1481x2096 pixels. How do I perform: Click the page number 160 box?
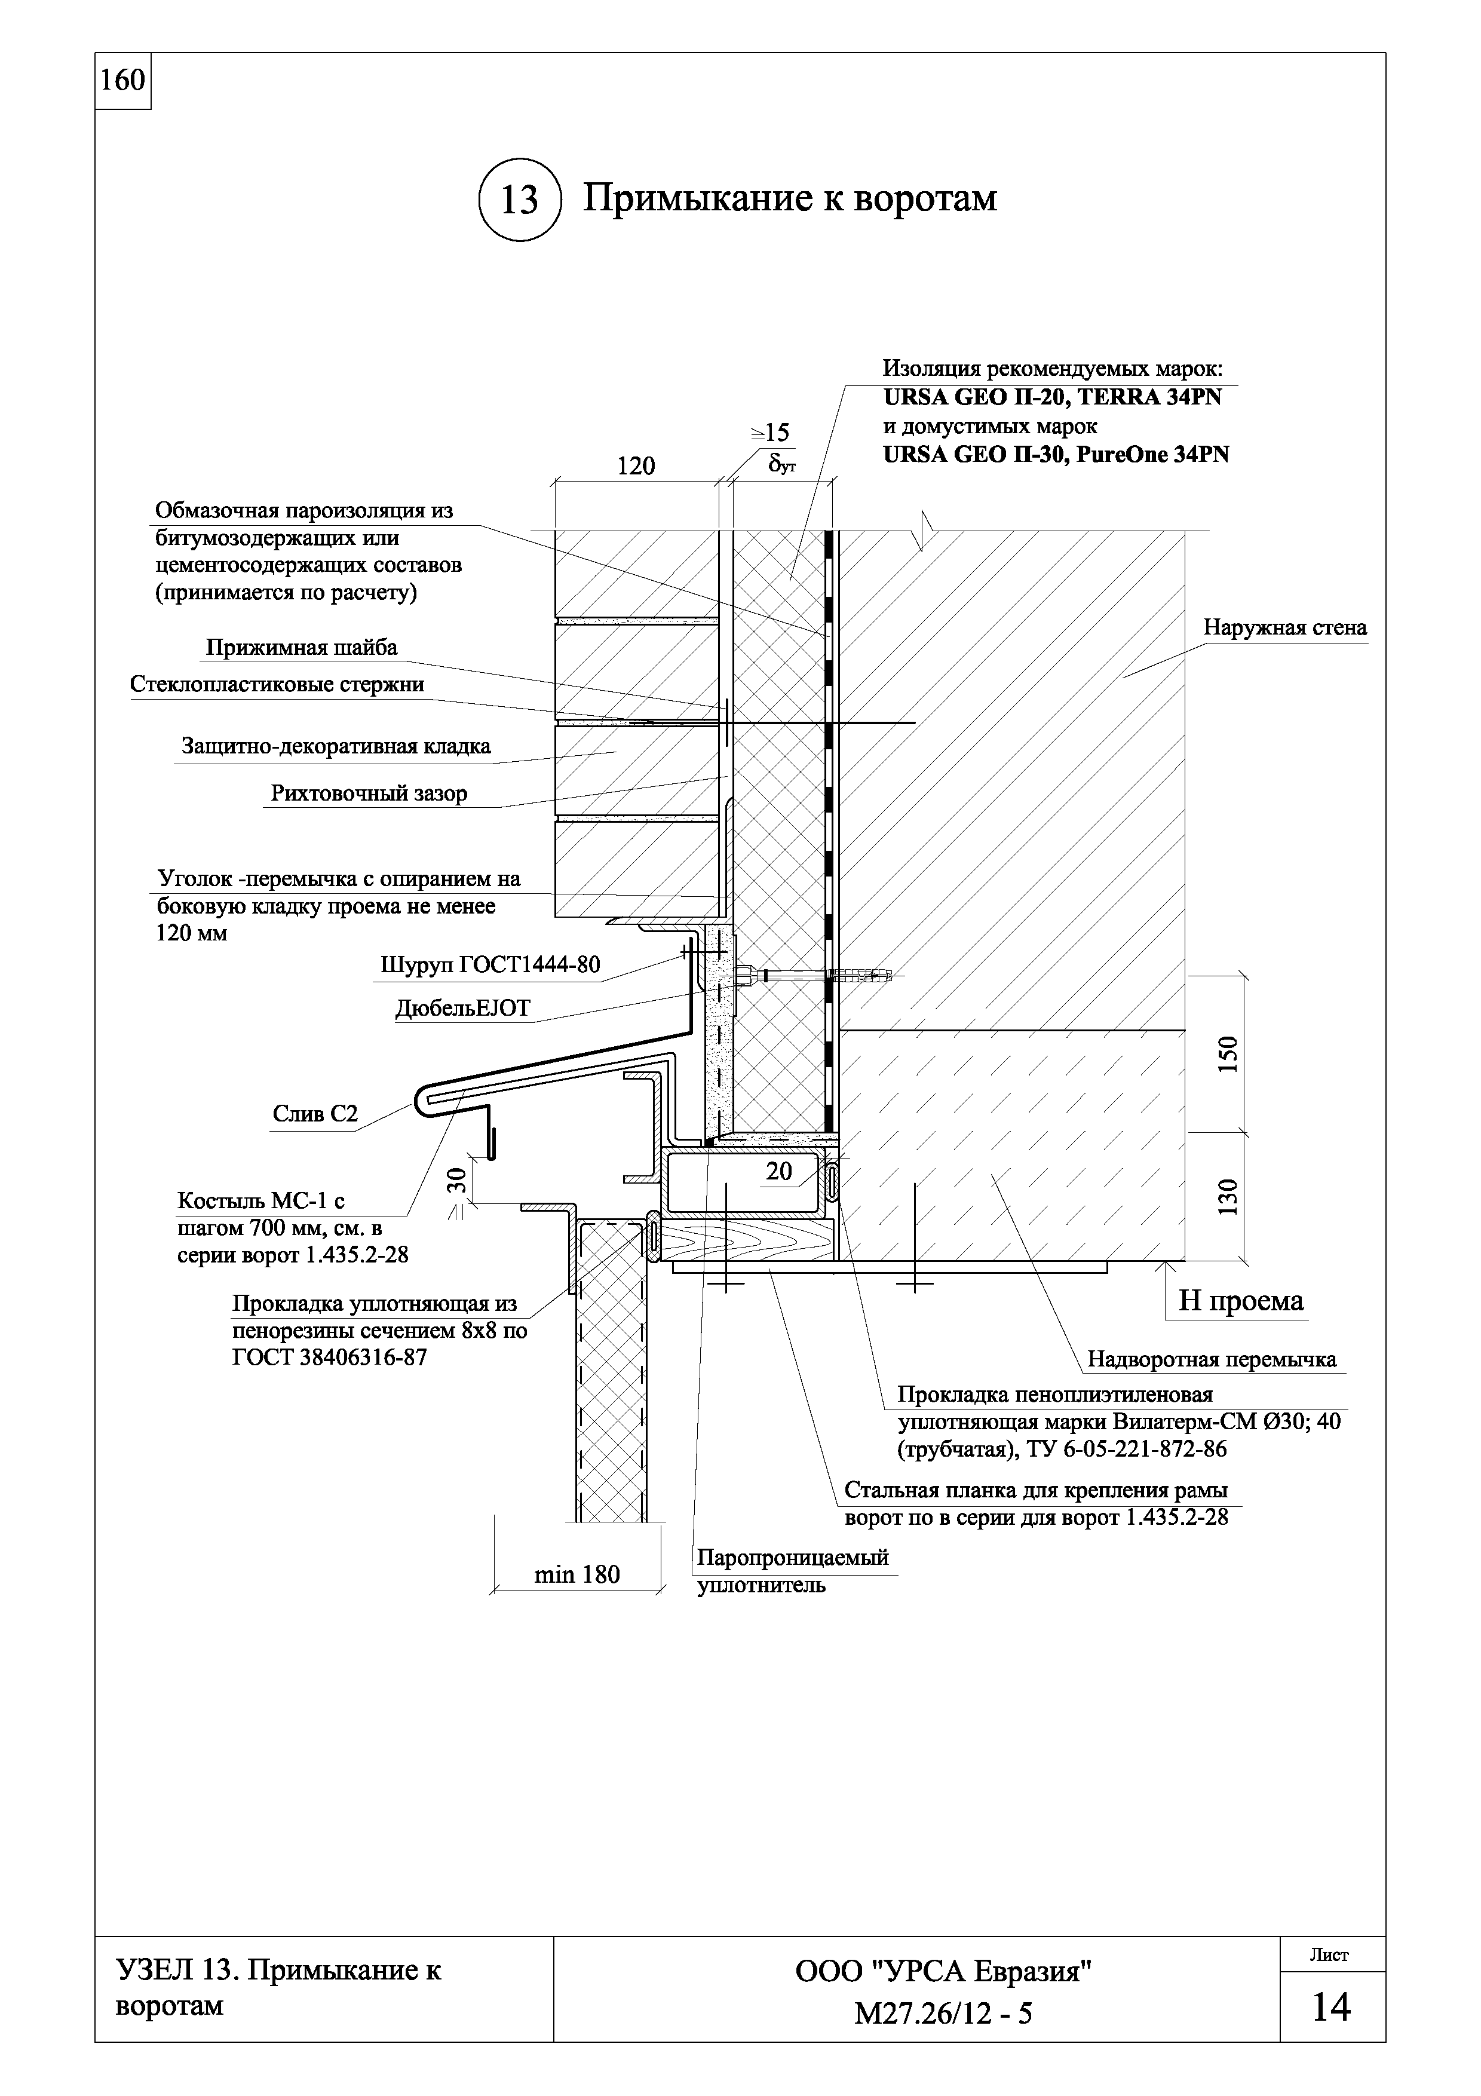(x=122, y=81)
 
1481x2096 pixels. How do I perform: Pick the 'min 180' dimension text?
(x=577, y=1574)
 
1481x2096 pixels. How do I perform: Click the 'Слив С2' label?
(x=315, y=1114)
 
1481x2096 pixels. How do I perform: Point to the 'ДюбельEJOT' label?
(x=462, y=1008)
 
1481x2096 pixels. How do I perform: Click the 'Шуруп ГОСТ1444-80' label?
(x=490, y=965)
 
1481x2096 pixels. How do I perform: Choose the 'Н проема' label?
(x=1240, y=1301)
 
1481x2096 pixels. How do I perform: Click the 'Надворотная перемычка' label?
(x=1212, y=1360)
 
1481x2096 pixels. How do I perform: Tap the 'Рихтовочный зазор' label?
(x=369, y=793)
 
